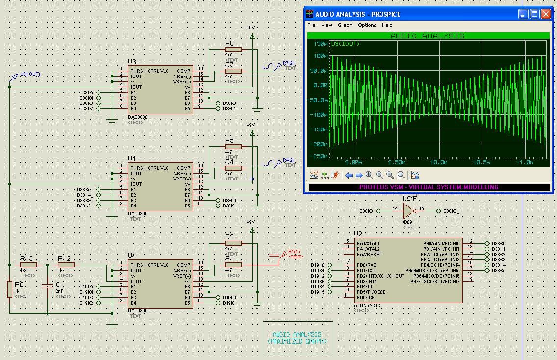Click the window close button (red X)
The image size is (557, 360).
pyautogui.click(x=546, y=14)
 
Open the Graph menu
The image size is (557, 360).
pyautogui.click(x=345, y=25)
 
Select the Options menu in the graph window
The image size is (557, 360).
pyautogui.click(x=367, y=25)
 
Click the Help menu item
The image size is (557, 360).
pyautogui.click(x=387, y=25)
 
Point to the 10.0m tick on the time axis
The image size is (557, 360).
pyautogui.click(x=439, y=162)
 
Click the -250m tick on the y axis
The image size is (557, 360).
pyautogui.click(x=320, y=156)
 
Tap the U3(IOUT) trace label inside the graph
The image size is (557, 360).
pyautogui.click(x=345, y=44)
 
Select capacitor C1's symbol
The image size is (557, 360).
pyautogui.click(x=47, y=285)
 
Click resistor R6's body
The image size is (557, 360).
pyautogui.click(x=9, y=289)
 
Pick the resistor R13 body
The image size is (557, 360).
pyautogui.click(x=28, y=265)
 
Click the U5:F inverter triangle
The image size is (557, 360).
pyautogui.click(x=408, y=211)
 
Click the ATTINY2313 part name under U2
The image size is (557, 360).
pyautogui.click(x=367, y=306)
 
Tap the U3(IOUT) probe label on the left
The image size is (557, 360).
pyautogui.click(x=30, y=74)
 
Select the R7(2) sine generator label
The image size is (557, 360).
pyautogui.click(x=289, y=63)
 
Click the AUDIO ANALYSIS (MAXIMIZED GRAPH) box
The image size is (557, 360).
pyautogui.click(x=298, y=338)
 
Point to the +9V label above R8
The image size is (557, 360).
pyautogui.click(x=251, y=28)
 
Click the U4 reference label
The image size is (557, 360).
pyautogui.click(x=132, y=256)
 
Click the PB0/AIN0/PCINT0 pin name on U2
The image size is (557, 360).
pyautogui.click(x=441, y=243)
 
